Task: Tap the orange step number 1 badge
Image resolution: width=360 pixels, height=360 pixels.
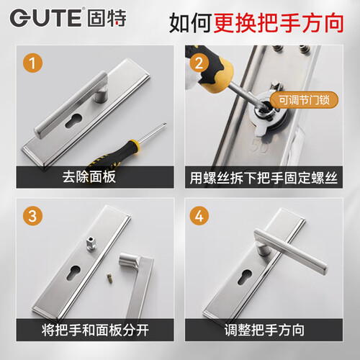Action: [32, 63]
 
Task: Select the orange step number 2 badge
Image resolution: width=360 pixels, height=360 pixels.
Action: [199, 63]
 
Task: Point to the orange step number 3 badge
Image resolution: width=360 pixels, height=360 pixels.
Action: [32, 216]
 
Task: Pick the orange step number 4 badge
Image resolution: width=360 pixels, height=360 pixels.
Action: [199, 216]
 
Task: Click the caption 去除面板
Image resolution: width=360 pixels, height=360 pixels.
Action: [89, 177]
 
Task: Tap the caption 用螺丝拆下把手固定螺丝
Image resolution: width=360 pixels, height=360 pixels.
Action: [264, 178]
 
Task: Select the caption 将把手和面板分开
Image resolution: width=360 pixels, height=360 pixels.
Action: [95, 330]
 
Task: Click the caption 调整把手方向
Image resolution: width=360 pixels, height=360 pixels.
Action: [264, 330]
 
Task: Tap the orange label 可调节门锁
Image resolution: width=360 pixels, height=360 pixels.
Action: [304, 99]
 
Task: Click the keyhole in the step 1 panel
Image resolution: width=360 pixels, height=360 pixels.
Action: [73, 120]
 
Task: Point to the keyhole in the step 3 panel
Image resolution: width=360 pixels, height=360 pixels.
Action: [73, 272]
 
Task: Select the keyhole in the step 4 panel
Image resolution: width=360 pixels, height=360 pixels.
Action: [245, 276]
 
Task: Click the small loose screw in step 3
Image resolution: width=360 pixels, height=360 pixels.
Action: [109, 279]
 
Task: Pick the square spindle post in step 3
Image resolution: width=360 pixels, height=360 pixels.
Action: [91, 244]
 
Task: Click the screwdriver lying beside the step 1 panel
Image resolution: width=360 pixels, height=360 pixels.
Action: [127, 145]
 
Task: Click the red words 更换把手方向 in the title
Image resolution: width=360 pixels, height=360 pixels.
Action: [279, 23]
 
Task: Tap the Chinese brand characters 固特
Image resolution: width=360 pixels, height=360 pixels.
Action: [107, 18]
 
